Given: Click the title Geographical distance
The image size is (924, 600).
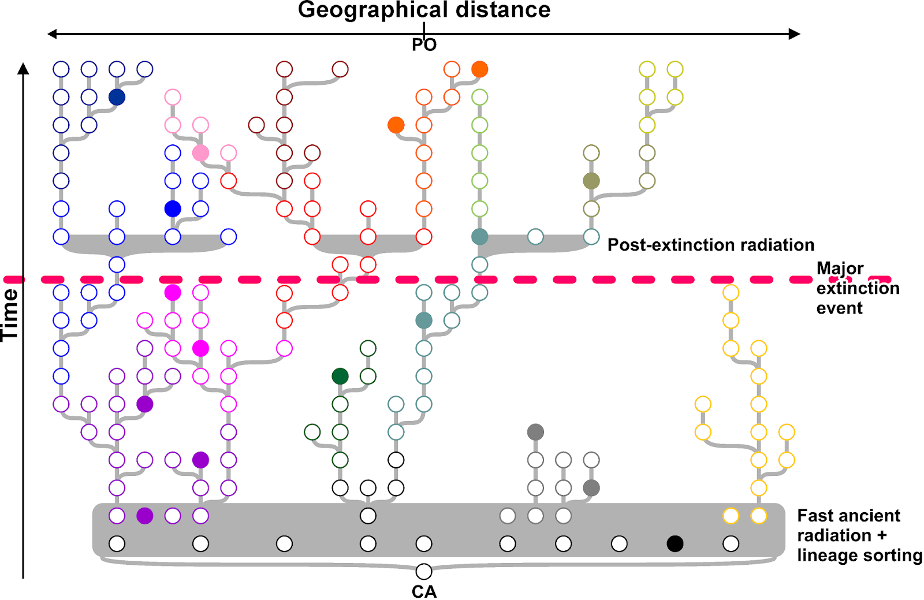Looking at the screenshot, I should [424, 10].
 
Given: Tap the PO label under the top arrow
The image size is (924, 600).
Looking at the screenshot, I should [424, 44].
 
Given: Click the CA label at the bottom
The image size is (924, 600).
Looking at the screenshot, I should [424, 592].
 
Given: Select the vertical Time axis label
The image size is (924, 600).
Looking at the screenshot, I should [10, 315].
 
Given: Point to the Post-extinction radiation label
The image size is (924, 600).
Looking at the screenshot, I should [710, 245].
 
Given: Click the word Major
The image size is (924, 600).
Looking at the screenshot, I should [840, 269].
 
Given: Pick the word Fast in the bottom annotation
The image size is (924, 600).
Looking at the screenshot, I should [815, 516].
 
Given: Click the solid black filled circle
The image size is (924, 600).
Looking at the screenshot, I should [675, 543].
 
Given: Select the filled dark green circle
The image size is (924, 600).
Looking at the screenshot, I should [340, 377].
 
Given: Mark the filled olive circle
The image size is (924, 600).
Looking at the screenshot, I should [591, 181].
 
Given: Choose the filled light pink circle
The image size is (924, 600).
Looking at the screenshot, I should [200, 153].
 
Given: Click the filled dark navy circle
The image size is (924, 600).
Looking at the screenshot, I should [117, 97].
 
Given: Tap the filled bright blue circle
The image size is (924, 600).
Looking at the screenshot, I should [173, 208].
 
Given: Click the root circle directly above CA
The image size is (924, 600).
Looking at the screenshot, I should [424, 571].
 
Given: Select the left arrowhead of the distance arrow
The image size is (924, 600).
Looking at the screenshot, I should [53, 34].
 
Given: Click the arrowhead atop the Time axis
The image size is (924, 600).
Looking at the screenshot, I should [23, 69].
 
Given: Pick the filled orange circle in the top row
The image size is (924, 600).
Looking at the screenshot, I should [479, 69].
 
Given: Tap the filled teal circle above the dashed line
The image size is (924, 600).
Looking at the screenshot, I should [479, 237].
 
